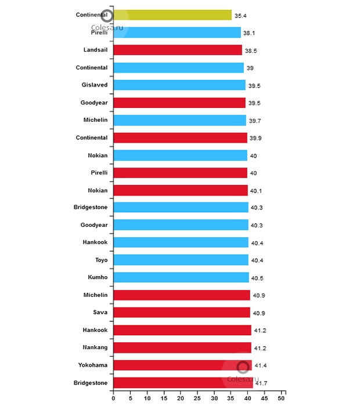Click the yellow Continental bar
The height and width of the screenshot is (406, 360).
(x=172, y=15)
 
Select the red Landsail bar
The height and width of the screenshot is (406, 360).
(x=178, y=50)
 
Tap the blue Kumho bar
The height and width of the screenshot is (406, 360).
(x=181, y=277)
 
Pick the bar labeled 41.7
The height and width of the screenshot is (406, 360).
(x=183, y=383)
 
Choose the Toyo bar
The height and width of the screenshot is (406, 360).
(x=181, y=260)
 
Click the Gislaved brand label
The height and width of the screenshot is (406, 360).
(x=95, y=85)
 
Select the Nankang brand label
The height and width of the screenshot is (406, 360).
(x=94, y=347)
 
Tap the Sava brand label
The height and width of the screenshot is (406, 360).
(x=99, y=313)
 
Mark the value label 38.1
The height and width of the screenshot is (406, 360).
(x=250, y=33)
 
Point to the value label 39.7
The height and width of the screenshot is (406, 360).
(x=255, y=121)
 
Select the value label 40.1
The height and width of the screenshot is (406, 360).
(x=257, y=190)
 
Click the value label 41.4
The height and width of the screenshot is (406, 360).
(x=261, y=365)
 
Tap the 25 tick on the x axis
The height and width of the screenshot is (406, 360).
(x=198, y=399)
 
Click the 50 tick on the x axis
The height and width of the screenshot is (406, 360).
(x=282, y=399)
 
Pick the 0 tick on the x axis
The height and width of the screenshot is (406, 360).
(x=114, y=399)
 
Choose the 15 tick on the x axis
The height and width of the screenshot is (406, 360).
(x=164, y=399)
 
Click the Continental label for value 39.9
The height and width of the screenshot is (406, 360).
(x=92, y=137)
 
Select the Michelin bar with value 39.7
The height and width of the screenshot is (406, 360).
(x=180, y=120)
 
